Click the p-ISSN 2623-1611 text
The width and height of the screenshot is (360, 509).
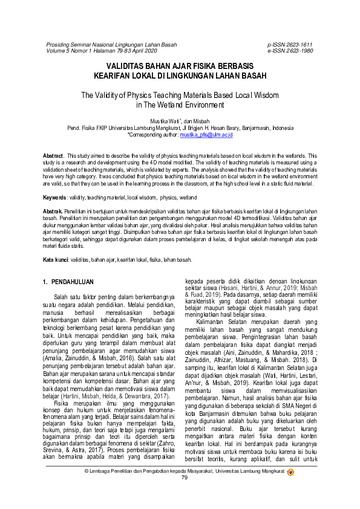click(290, 45)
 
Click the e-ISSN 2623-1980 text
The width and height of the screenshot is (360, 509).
click(290, 51)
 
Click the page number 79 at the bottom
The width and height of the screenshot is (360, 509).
click(185, 494)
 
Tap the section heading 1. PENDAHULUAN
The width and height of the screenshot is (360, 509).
click(68, 282)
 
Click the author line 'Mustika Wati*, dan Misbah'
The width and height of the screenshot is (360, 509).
click(180, 122)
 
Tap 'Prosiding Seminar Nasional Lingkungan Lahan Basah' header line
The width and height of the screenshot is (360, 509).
click(112, 45)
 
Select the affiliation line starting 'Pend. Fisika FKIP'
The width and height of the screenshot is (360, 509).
click(180, 128)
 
